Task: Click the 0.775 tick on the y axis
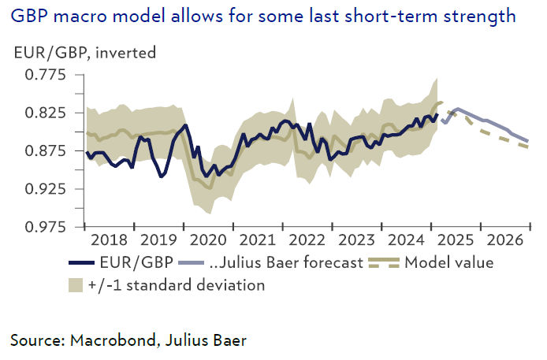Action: pyautogui.click(x=46, y=76)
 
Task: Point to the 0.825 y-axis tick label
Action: pyautogui.click(x=46, y=113)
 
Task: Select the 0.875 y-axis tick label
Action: pyautogui.click(x=46, y=150)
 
